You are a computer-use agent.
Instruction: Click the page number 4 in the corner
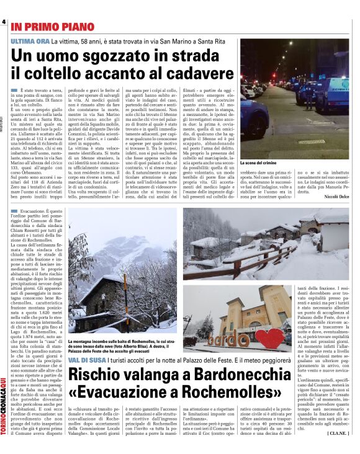click(x=4, y=22)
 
